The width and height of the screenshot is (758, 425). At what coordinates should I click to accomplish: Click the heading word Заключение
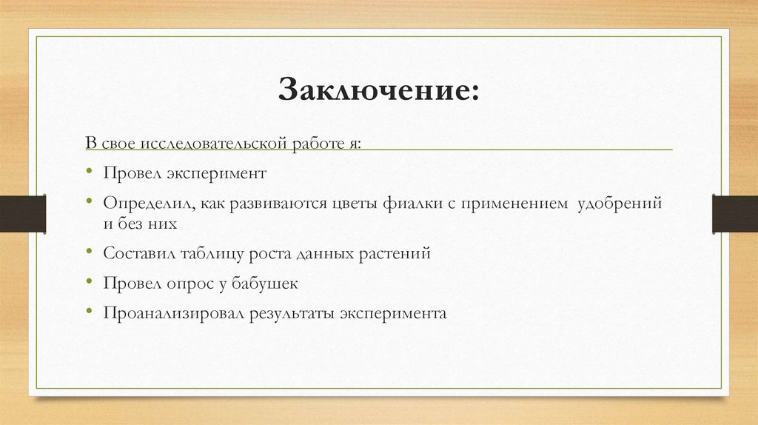click(x=378, y=91)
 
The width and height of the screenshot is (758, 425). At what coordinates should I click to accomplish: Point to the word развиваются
click(x=272, y=202)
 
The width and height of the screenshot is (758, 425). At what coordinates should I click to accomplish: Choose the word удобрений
click(x=620, y=202)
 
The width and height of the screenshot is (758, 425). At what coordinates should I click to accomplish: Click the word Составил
click(x=138, y=253)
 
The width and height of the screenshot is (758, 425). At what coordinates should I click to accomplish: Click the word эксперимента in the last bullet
click(x=393, y=312)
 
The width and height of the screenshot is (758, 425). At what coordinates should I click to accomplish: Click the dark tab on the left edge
click(x=23, y=213)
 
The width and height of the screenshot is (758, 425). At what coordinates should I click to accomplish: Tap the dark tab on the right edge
click(x=734, y=213)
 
